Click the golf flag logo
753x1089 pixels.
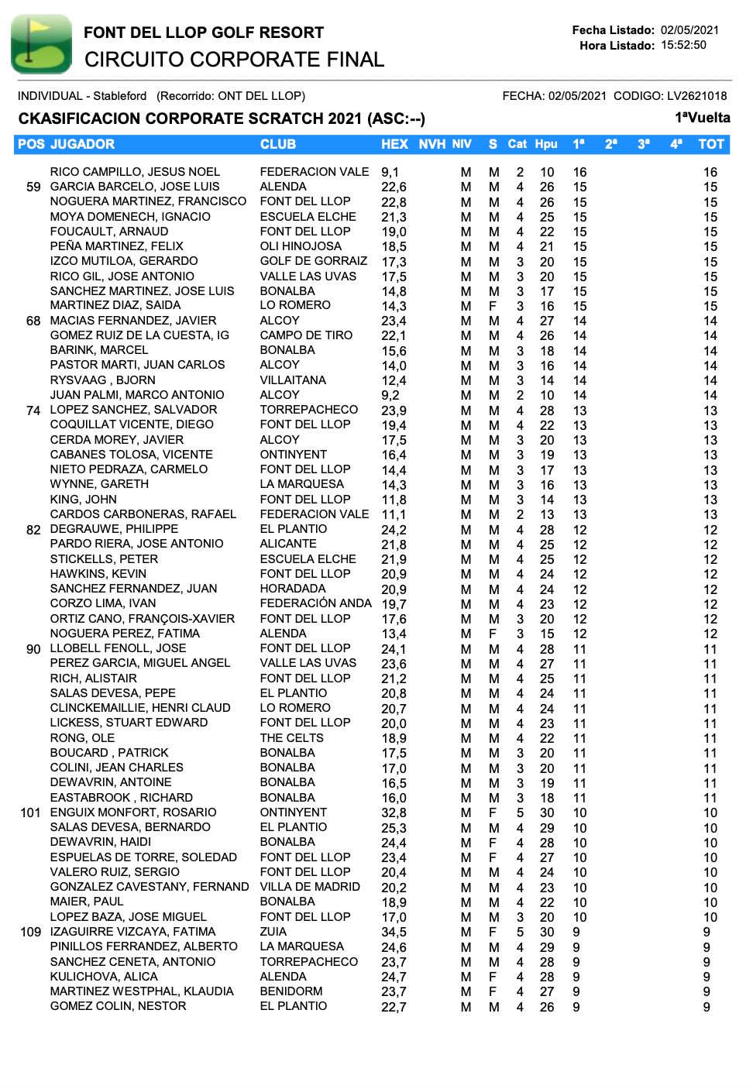point(41,44)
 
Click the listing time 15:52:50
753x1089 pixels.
point(683,45)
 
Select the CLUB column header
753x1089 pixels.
point(277,144)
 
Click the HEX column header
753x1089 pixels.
point(394,144)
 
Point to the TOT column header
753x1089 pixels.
point(710,144)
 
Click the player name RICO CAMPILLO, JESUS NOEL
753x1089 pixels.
point(135,172)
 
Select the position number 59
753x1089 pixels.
point(33,187)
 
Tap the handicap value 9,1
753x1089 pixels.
point(390,172)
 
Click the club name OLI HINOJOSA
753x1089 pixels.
point(301,246)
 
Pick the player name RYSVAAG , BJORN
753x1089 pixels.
point(103,380)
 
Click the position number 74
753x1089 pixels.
point(33,410)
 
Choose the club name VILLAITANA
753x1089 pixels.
point(293,380)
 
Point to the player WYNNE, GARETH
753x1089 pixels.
point(99,484)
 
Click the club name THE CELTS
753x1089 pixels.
point(291,738)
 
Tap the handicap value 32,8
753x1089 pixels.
point(394,812)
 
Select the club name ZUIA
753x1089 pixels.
point(273,932)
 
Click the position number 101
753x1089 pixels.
point(30,812)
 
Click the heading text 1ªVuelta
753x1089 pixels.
point(702,118)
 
